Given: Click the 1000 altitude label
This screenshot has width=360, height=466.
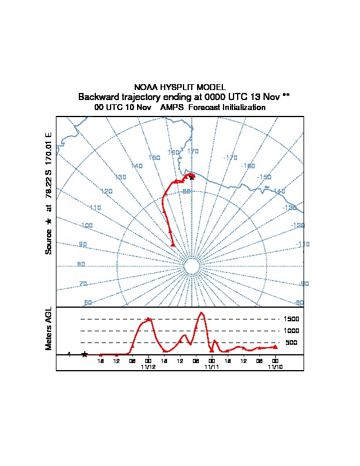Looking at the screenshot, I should click(292, 331).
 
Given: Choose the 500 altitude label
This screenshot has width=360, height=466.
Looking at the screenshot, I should click(291, 342).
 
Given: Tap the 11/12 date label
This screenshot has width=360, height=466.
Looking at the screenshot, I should click(148, 366).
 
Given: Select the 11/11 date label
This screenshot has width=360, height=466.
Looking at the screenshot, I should click(212, 366).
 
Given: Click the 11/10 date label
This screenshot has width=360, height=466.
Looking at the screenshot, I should click(275, 366).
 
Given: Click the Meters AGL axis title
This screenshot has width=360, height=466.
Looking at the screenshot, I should click(49, 329).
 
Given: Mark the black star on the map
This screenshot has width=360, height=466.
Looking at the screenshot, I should click(192, 178).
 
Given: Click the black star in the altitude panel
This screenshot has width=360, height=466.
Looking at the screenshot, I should click(85, 354).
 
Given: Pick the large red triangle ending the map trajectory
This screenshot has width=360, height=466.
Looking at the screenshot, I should click(173, 244).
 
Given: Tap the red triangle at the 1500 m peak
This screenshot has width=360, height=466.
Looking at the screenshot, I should click(149, 319).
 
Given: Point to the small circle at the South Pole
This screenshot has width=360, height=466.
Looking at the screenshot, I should click(192, 267).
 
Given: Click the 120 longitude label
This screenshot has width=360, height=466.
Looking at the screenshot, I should click(106, 191).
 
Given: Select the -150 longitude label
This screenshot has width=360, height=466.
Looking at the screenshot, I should click(265, 177).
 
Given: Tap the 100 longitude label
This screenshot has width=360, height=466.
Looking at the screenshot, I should click(87, 226).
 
